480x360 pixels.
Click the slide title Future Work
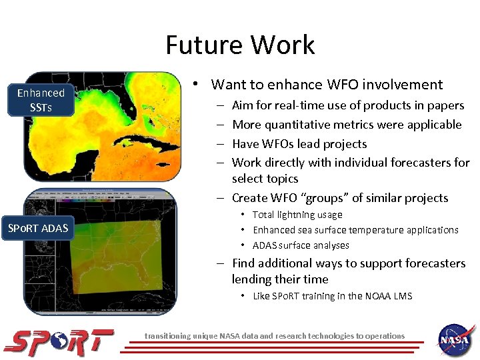tap(240, 45)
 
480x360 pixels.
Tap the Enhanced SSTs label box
tap(41, 100)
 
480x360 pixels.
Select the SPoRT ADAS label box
tap(38, 229)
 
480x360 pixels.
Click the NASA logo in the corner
tap(455, 339)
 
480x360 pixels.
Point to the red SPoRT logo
tap(59, 342)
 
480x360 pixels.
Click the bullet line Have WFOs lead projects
tap(299, 143)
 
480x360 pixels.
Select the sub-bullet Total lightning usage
tap(297, 215)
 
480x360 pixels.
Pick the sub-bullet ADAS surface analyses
tap(301, 245)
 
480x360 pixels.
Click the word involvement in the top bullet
tap(403, 85)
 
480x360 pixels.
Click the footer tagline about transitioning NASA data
tap(275, 336)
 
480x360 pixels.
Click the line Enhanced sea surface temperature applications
tap(355, 230)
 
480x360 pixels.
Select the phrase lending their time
tap(280, 279)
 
